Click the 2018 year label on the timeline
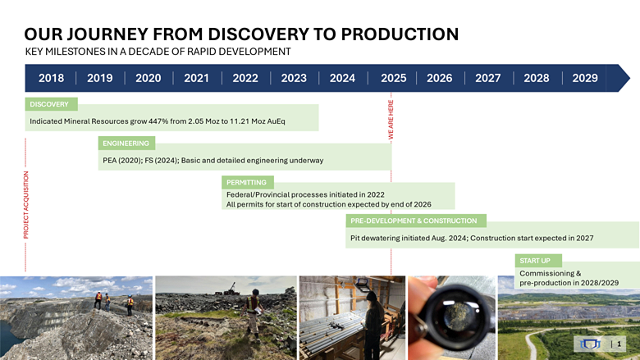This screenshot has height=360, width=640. (x=51, y=78)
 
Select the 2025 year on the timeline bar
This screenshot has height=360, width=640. (x=394, y=78)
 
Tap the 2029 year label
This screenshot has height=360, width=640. (x=584, y=78)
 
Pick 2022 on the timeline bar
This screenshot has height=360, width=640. (x=245, y=78)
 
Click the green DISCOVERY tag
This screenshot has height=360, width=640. (x=51, y=104)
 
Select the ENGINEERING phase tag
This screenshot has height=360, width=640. (x=126, y=144)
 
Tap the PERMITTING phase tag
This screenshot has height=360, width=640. (x=247, y=182)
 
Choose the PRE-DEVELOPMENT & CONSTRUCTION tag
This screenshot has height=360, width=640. (x=415, y=221)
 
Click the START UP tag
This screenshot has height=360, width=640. (x=538, y=261)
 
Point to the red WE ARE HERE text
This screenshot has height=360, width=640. (x=391, y=120)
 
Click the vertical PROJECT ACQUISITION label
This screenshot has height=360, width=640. (x=25, y=205)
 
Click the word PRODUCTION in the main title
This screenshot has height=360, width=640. (x=400, y=34)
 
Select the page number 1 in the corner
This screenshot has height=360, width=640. (x=619, y=344)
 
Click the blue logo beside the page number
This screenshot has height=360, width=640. (x=591, y=344)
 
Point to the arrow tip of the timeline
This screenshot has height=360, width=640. (x=630, y=78)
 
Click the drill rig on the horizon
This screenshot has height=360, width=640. (x=231, y=289)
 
